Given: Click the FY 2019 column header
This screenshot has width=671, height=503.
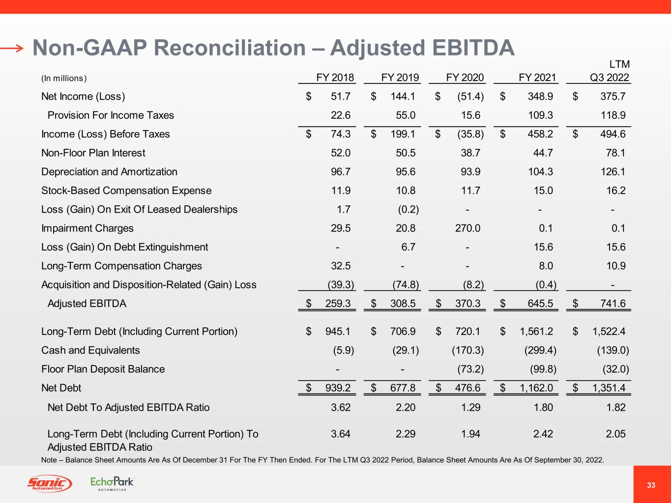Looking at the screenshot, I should pyautogui.click(x=400, y=78).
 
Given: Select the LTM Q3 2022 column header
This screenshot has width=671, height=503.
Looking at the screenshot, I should pyautogui.click(x=610, y=72).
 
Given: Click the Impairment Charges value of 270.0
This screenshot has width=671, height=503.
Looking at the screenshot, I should pyautogui.click(x=467, y=228).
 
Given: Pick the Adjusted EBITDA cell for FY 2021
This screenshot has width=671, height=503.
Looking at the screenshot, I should pyautogui.click(x=540, y=304).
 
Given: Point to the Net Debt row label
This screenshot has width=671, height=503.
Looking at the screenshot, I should pyautogui.click(x=61, y=388).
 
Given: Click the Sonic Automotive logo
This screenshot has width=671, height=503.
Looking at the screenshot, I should pyautogui.click(x=49, y=484).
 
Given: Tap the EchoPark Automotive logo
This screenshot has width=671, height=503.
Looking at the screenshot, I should pyautogui.click(x=112, y=483).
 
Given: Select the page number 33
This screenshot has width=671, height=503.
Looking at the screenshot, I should pyautogui.click(x=651, y=485).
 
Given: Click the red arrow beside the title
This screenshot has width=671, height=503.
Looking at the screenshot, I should pyautogui.click(x=12, y=48).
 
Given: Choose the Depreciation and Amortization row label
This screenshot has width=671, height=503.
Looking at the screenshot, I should pyautogui.click(x=109, y=172).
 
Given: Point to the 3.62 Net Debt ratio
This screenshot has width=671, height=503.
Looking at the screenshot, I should pyautogui.click(x=341, y=407).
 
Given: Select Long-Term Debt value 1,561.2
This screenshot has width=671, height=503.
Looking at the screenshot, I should pyautogui.click(x=536, y=332).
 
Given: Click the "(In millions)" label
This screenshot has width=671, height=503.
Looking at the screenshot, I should pyautogui.click(x=64, y=79).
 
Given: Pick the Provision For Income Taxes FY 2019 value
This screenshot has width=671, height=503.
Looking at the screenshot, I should pyautogui.click(x=406, y=115).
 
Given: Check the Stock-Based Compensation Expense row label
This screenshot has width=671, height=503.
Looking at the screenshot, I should pyautogui.click(x=126, y=191).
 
